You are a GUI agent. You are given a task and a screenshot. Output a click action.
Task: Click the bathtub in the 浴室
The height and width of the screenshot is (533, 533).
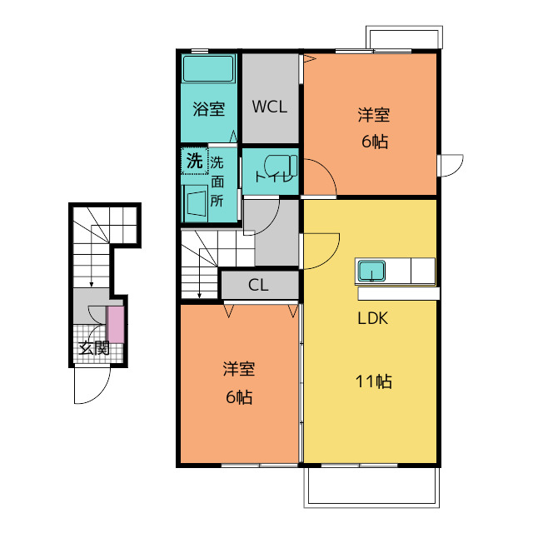[208, 69]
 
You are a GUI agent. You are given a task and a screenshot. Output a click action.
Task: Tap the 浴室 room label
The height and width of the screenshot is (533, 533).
[209, 109]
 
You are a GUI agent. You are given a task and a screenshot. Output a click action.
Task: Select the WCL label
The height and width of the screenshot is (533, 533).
[270, 107]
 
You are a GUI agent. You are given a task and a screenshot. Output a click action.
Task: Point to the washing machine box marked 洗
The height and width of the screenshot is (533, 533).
[194, 161]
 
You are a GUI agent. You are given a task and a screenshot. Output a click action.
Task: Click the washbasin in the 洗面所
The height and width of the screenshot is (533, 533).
[195, 203]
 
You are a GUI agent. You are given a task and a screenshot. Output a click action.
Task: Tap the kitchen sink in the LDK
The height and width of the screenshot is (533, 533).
[372, 271]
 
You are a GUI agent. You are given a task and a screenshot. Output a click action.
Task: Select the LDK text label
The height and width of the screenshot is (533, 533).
[373, 318]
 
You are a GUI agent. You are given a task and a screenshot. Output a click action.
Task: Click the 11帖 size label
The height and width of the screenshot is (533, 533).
[374, 381]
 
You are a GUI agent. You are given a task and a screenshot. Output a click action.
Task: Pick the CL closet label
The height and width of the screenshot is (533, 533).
[258, 285]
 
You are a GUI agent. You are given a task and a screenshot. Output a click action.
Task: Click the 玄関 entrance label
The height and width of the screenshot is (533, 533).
[94, 348]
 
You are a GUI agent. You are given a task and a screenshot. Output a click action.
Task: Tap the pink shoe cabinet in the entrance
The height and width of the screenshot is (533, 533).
[116, 325]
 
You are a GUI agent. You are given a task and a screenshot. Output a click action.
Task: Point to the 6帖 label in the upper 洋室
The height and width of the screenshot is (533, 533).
[375, 142]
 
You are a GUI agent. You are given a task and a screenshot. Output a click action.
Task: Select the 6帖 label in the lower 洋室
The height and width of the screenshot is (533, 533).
[239, 396]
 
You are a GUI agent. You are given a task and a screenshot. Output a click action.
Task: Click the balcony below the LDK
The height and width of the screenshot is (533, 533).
[371, 487]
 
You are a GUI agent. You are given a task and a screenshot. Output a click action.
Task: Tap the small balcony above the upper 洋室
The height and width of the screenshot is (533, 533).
[404, 37]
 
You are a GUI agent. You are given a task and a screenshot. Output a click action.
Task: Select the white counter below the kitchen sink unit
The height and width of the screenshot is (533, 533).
[399, 294]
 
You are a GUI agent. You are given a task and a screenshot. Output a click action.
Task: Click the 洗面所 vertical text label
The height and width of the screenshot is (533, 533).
[217, 182]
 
